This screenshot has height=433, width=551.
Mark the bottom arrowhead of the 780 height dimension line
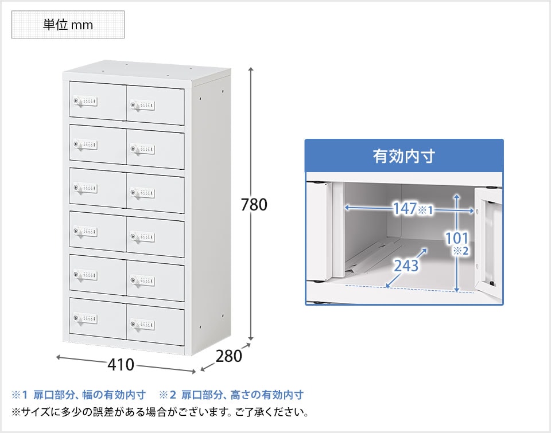tap(251, 339)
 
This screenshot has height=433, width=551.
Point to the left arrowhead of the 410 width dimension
tap(59, 357)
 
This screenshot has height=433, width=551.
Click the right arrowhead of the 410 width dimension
tap(193, 371)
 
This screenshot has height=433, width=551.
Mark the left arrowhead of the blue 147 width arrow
tap(347, 208)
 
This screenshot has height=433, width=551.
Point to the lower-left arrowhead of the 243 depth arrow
tap(388, 286)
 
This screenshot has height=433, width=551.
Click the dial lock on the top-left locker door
tap(86, 102)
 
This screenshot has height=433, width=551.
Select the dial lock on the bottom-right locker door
tap(142, 324)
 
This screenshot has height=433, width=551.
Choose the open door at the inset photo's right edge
tap(488, 238)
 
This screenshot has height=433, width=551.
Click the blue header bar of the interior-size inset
tap(404, 156)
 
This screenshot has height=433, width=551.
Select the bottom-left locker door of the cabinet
tap(98, 318)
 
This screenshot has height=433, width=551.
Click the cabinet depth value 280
tap(229, 356)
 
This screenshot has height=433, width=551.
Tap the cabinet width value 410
tap(121, 365)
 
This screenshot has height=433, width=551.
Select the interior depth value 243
tap(406, 266)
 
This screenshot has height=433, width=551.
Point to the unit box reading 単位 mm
tap(68, 25)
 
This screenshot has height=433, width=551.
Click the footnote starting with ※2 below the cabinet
tap(231, 395)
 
